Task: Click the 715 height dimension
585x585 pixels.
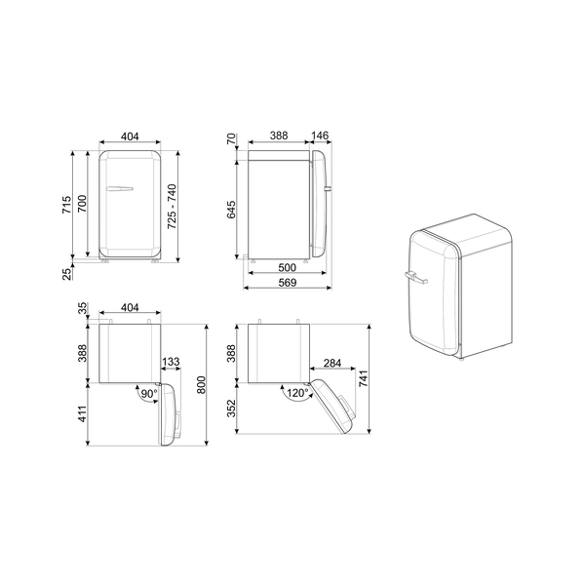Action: point(66,206)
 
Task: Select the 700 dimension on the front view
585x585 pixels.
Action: point(84,206)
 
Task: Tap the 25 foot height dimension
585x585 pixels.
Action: point(67,274)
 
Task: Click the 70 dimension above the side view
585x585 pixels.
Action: point(232,140)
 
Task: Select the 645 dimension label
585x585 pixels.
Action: point(232,206)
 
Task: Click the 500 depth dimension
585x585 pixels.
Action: point(287,267)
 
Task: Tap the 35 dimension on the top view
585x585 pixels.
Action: point(84,308)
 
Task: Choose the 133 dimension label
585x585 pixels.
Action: point(171,363)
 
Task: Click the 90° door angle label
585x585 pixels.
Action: point(148,394)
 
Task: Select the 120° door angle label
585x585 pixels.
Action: point(297,394)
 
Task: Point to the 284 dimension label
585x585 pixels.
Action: point(331,363)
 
